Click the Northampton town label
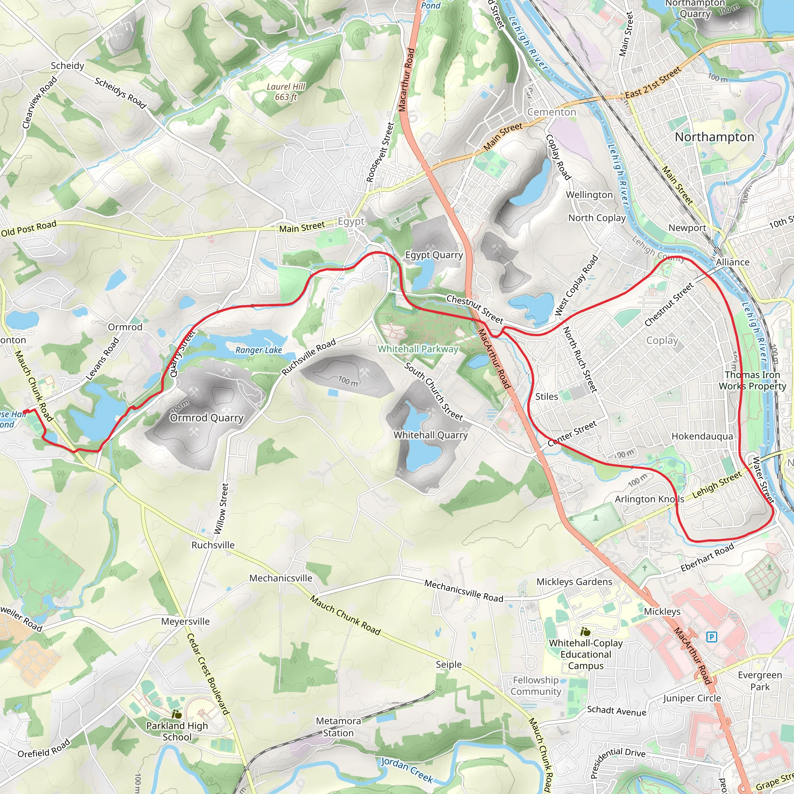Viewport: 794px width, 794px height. (714, 137)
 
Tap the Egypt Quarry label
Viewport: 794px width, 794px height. (434, 255)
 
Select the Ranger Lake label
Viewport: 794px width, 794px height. (259, 350)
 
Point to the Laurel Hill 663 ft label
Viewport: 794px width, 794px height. (286, 91)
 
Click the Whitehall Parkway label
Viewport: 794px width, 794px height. (418, 349)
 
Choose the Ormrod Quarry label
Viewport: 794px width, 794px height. (206, 418)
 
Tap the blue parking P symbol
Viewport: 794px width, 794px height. (711, 637)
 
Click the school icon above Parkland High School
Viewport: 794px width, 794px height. (177, 715)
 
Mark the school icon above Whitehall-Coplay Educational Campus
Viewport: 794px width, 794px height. (586, 632)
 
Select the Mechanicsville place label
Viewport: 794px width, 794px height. (281, 578)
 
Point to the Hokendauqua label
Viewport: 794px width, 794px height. (702, 436)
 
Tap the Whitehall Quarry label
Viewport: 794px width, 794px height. (430, 435)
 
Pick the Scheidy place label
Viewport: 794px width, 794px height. (67, 66)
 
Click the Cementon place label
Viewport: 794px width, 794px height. (552, 112)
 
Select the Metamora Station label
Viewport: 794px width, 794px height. (338, 727)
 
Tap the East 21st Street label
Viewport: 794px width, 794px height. (653, 83)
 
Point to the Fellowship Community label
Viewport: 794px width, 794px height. (535, 686)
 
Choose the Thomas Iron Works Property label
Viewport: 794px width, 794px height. (752, 380)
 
